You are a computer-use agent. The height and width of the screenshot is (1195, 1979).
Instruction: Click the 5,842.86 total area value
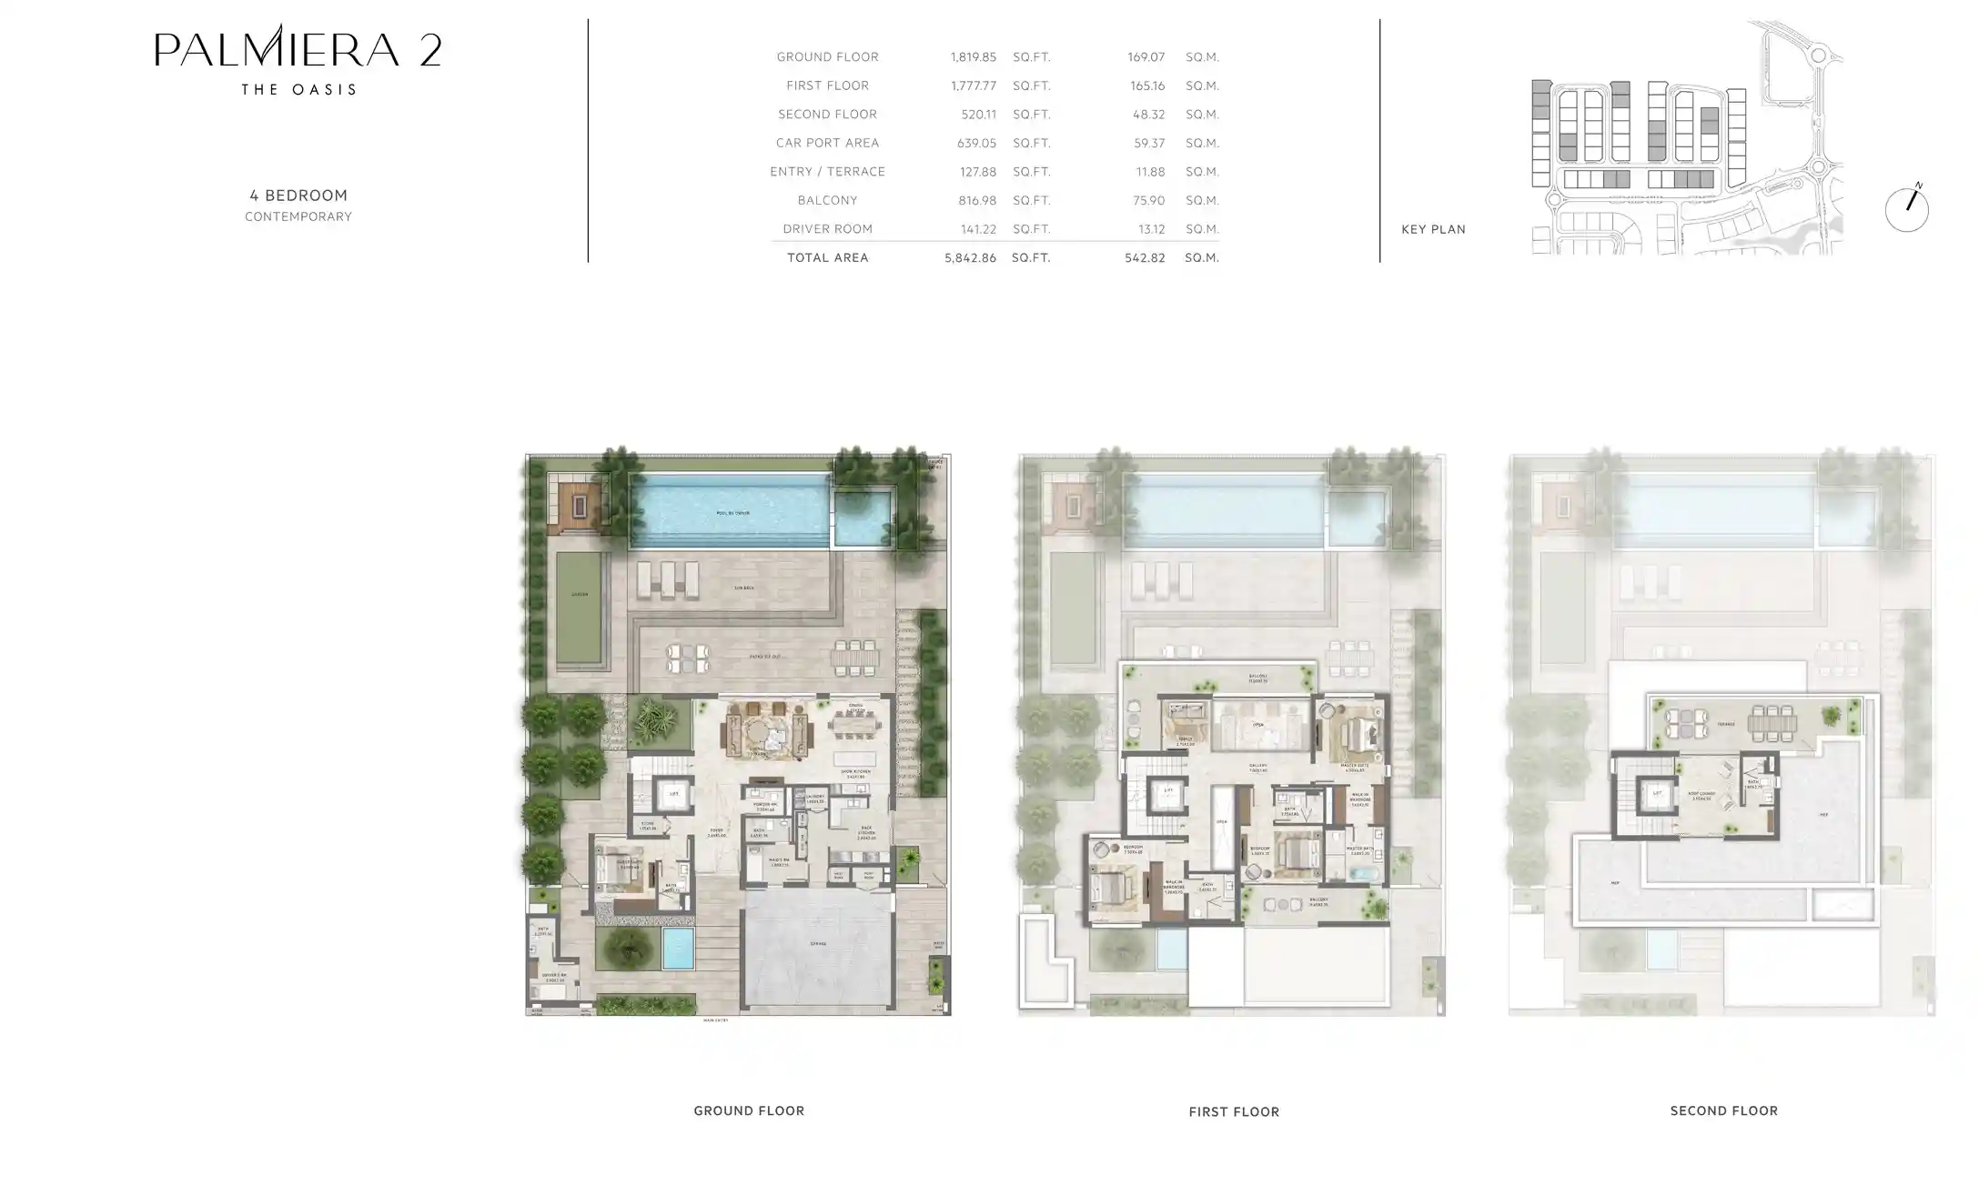pyautogui.click(x=970, y=258)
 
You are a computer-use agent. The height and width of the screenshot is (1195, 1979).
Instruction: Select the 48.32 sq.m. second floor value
pyautogui.click(x=1146, y=115)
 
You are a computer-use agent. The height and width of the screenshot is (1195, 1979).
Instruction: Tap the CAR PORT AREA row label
pyautogui.click(x=827, y=143)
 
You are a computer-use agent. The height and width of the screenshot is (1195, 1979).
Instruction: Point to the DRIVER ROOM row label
pyautogui.click(x=827, y=229)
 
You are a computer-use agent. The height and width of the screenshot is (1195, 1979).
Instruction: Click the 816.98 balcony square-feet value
pyautogui.click(x=978, y=200)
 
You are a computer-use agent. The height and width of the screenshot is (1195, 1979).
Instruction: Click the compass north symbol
pyautogui.click(x=1906, y=209)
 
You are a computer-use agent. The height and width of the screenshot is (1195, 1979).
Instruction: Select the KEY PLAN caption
pyautogui.click(x=1433, y=229)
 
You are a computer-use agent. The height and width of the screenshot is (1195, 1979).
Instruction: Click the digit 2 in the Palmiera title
pyautogui.click(x=430, y=50)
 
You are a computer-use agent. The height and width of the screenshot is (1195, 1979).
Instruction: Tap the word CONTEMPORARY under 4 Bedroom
pyautogui.click(x=298, y=217)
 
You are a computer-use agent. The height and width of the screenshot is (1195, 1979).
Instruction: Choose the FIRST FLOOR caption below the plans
pyautogui.click(x=1234, y=1111)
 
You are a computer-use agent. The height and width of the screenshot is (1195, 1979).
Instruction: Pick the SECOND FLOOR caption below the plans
pyautogui.click(x=1723, y=1110)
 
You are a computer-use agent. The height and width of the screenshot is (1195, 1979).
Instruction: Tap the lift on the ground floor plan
pyautogui.click(x=673, y=794)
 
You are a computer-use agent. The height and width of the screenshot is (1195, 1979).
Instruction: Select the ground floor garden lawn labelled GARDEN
pyautogui.click(x=580, y=608)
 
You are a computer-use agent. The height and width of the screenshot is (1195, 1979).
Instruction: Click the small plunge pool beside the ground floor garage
pyautogui.click(x=678, y=948)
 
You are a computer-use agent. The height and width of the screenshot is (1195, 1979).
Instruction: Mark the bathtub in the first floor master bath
pyautogui.click(x=1362, y=874)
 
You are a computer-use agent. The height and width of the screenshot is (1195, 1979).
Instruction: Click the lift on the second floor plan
pyautogui.click(x=1657, y=794)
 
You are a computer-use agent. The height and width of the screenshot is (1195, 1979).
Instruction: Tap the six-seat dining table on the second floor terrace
pyautogui.click(x=1771, y=724)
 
